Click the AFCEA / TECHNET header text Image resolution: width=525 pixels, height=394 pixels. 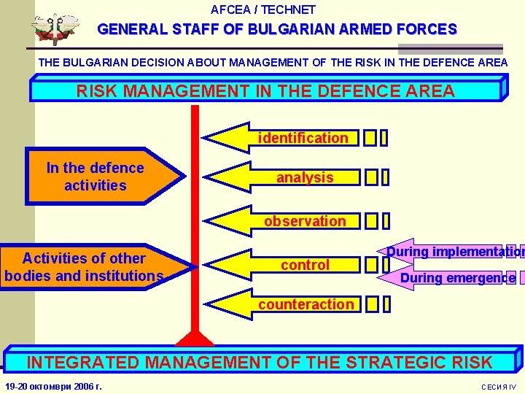point(262,9)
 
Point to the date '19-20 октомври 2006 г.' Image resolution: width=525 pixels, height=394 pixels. point(53,385)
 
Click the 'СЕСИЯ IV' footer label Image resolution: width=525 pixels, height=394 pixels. point(498,386)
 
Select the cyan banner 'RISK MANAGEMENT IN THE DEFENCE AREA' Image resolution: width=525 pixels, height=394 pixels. point(265,91)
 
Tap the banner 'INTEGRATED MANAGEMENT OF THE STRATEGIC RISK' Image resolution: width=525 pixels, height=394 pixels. point(259,361)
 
